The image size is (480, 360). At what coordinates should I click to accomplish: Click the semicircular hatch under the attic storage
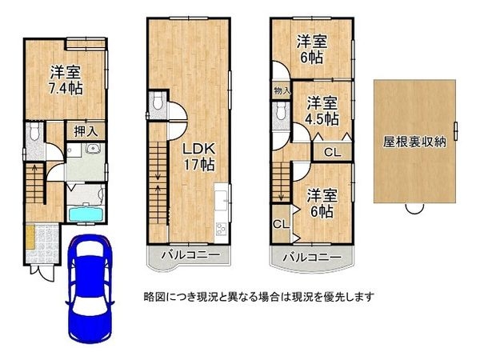coord(414,209)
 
